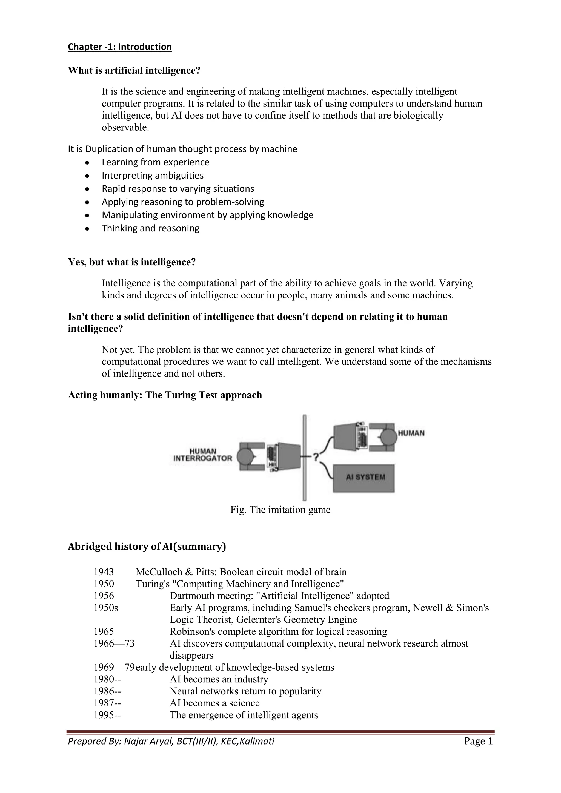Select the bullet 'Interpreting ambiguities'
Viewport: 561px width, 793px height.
(x=152, y=176)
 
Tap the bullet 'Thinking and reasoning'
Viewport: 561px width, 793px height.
(x=150, y=228)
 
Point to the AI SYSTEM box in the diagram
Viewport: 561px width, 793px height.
(x=363, y=478)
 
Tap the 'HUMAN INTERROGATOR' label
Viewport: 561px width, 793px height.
(x=202, y=455)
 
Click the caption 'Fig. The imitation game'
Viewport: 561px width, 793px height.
(x=280, y=510)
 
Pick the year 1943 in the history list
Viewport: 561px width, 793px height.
(x=104, y=572)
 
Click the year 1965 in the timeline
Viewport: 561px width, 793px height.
(x=104, y=632)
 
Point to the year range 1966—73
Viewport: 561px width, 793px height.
(x=114, y=643)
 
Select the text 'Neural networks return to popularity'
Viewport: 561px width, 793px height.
(x=245, y=691)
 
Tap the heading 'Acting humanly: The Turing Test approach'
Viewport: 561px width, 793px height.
(x=165, y=395)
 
